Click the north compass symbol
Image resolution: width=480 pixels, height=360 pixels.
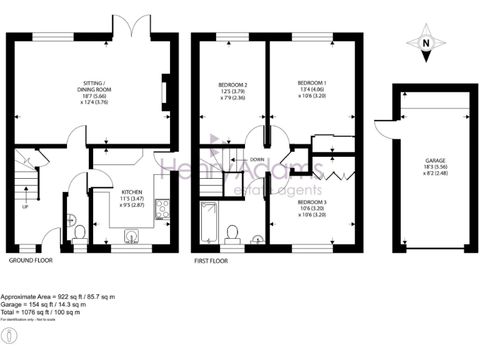(x=426, y=44)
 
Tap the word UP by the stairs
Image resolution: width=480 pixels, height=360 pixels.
(x=26, y=206)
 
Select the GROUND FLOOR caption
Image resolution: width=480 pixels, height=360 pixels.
(x=31, y=260)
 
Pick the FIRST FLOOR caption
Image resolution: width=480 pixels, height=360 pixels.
(x=211, y=261)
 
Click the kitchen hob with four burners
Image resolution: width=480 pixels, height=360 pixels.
(x=162, y=208)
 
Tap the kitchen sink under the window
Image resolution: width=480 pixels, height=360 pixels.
(x=132, y=236)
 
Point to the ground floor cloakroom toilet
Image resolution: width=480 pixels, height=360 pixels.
(x=79, y=234)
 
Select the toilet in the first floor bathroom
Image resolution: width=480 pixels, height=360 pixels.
(x=232, y=233)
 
